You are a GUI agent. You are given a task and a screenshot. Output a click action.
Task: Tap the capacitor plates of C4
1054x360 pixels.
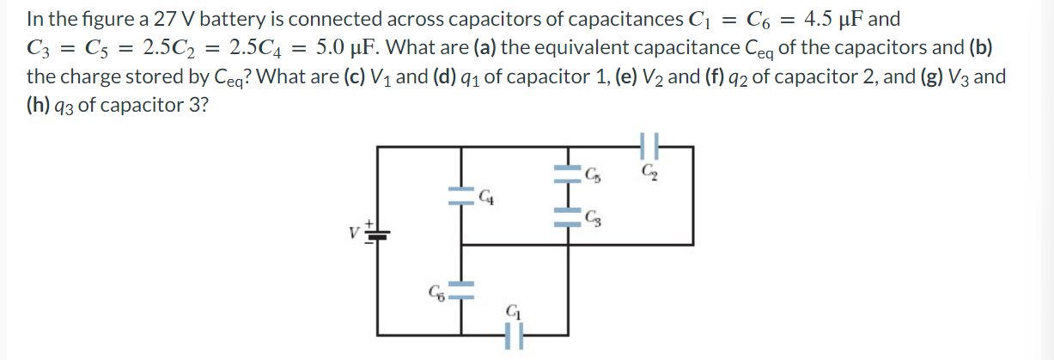(x=463, y=197)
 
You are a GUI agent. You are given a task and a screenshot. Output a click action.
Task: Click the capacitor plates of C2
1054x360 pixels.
(x=650, y=148)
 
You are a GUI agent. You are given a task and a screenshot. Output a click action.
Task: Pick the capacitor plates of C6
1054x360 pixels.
(x=463, y=290)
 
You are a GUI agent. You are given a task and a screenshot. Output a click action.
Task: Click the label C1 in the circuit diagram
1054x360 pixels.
(x=513, y=310)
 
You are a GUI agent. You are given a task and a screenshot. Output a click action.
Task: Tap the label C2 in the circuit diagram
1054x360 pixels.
(x=650, y=173)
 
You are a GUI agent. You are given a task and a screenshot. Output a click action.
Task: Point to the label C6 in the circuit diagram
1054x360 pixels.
(x=439, y=291)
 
